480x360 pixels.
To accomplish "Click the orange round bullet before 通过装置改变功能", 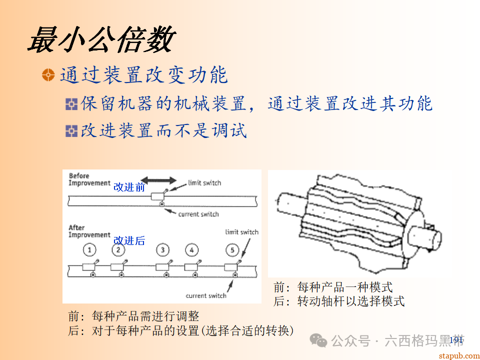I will [x=48, y=75].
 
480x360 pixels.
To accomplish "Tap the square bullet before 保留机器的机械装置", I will [x=72, y=104].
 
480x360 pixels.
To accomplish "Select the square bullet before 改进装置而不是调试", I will [x=72, y=131].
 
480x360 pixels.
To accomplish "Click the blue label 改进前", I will [x=129, y=187].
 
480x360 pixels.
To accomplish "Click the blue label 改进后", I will [x=129, y=240].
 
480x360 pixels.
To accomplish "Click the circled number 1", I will [x=89, y=249].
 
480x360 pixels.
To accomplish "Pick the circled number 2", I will [x=118, y=249].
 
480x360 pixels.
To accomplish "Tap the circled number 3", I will [x=162, y=249].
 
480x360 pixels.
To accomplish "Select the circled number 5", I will [x=232, y=249].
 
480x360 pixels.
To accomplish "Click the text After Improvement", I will [x=89, y=231].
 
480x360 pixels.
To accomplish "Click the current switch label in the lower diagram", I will [x=206, y=295].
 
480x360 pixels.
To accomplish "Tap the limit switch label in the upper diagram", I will [x=204, y=183].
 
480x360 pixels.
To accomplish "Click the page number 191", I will [x=456, y=340].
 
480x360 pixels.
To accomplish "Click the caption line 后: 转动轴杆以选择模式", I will [x=339, y=301].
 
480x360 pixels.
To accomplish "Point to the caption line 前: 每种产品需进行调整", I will [x=134, y=316].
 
